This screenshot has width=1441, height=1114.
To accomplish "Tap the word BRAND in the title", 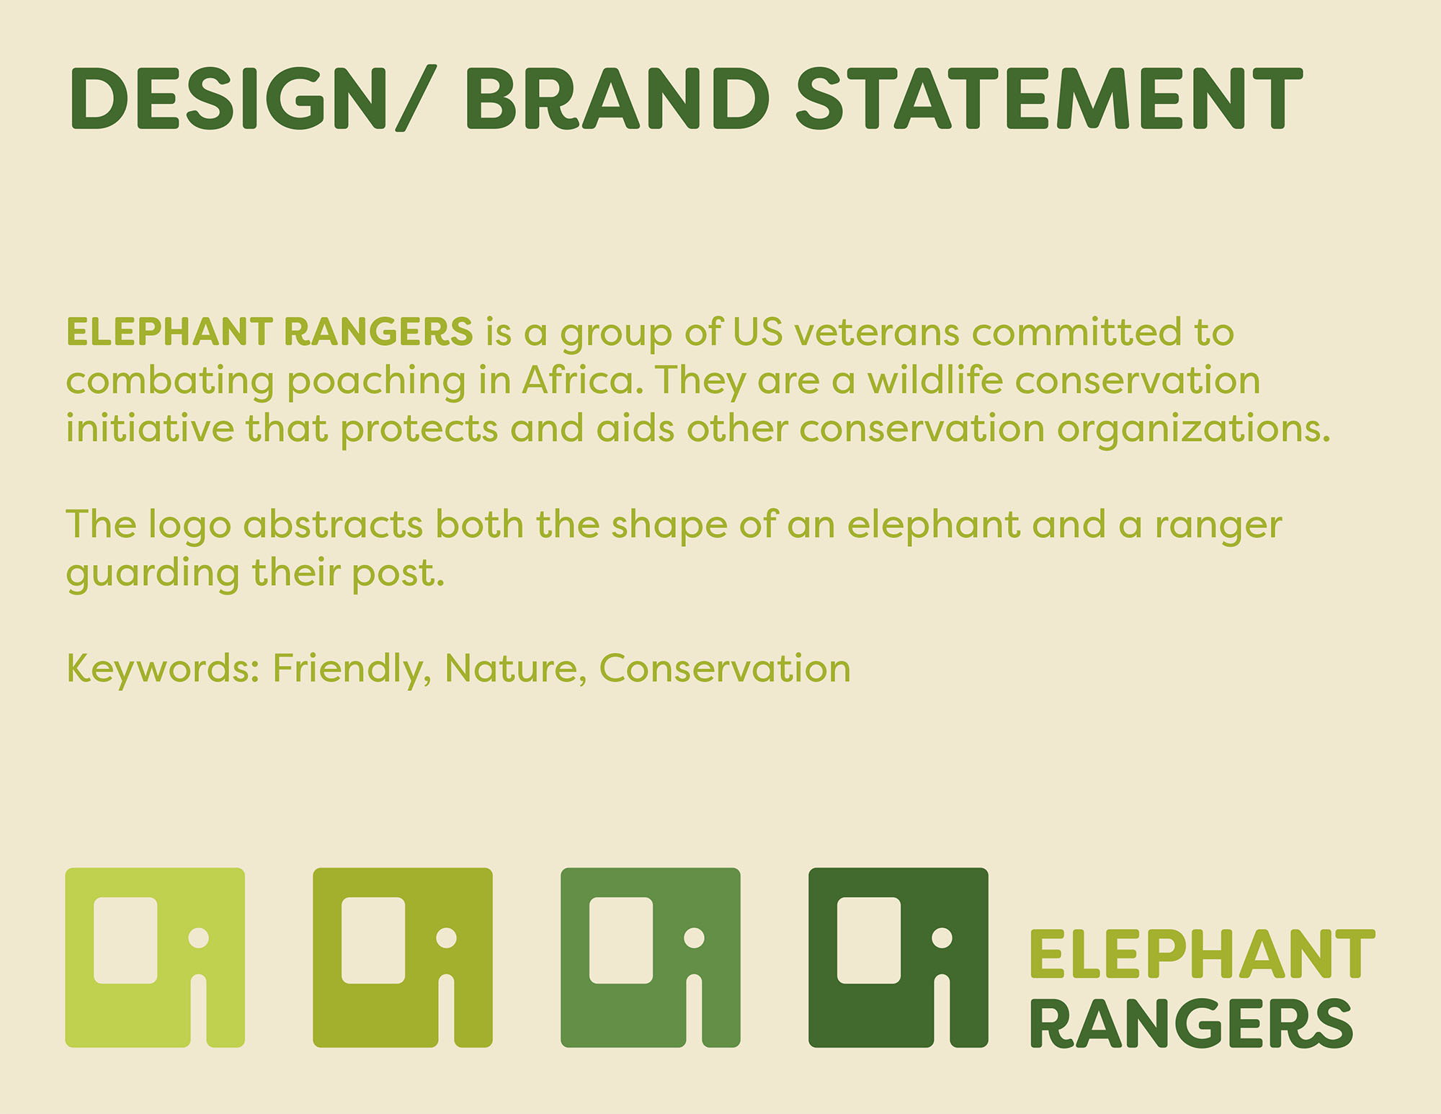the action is point(617,98).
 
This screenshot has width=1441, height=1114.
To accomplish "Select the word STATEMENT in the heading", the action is point(1049,98).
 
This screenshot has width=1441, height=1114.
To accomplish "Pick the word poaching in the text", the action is point(376,382).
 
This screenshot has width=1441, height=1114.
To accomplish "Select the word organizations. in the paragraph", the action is point(1194,430).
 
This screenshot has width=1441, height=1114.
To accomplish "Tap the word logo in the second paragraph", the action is point(189,526).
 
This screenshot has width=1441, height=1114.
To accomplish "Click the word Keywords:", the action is point(163,669).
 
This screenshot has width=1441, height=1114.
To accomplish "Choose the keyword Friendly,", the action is point(352,669).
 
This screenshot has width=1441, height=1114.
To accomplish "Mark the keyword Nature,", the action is point(515,669).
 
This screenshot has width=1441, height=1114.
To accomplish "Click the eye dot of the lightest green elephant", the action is point(198,937).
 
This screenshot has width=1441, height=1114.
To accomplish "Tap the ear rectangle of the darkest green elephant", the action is point(869,940).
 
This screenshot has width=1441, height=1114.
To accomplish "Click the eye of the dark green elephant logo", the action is point(942,937).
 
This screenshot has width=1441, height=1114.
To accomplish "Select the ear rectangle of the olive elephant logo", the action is point(373,940).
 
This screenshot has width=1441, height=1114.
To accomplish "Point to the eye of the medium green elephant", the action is point(694,937).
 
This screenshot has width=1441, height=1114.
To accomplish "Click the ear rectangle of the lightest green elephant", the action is point(125,940).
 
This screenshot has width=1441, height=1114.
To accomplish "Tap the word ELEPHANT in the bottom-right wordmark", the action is point(1202,954).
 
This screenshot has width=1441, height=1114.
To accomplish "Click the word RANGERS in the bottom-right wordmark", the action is point(1192,1023).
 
